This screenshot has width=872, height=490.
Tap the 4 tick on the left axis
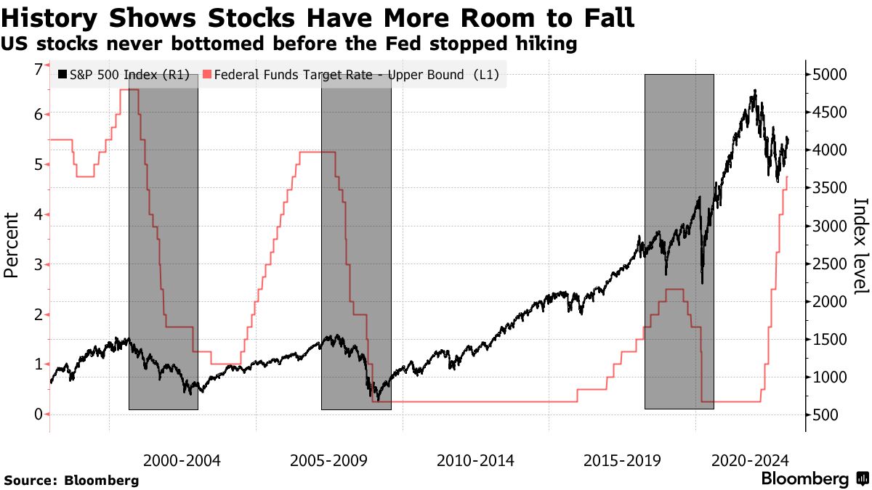pyautogui.click(x=38, y=214)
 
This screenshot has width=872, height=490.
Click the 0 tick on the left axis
pyautogui.click(x=38, y=414)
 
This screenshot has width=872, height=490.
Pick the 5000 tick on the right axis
pyautogui.click(x=830, y=75)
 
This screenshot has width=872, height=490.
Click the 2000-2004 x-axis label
pyautogui.click(x=182, y=460)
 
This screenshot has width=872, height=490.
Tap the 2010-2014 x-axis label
pyautogui.click(x=476, y=460)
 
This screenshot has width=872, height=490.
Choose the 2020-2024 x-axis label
pyautogui.click(x=751, y=460)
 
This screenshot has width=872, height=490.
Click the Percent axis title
pyautogui.click(x=11, y=245)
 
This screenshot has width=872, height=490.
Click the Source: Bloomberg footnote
pyautogui.click(x=71, y=480)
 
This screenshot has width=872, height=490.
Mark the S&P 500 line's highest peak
pyautogui.click(x=756, y=91)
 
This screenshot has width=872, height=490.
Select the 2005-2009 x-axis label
pyautogui.click(x=329, y=460)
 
